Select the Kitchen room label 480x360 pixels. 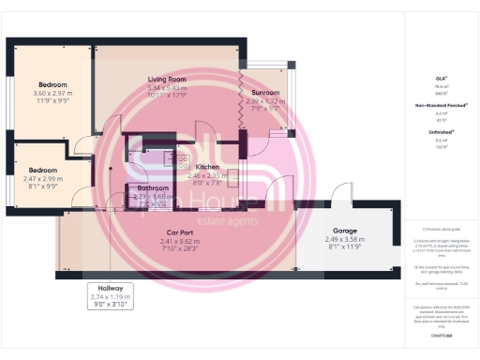click(206, 167)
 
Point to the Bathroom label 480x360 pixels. click(153, 188)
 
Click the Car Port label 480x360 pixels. click(180, 232)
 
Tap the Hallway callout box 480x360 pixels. click(104, 295)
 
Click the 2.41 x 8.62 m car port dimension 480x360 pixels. click(180, 240)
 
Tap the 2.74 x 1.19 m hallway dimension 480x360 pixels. click(104, 295)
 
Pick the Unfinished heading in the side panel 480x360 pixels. click(440, 132)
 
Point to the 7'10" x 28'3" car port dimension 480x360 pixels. click(180, 248)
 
